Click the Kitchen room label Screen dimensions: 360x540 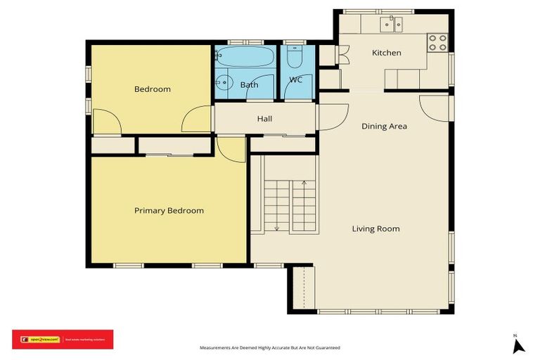[x=386, y=53]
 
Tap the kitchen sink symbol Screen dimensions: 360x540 [x=390, y=25]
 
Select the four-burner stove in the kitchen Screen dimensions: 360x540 [x=437, y=42]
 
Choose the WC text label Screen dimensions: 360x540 [x=296, y=79]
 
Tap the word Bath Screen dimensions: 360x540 [x=249, y=85]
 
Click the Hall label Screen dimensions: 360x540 [x=264, y=119]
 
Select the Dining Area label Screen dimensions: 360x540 [x=384, y=127]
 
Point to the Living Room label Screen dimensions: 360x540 [x=375, y=229]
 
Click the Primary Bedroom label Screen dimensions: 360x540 [x=169, y=210]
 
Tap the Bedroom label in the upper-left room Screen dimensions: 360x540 [x=153, y=89]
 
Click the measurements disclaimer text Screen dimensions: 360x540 [x=270, y=348]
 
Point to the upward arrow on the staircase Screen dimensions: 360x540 [x=304, y=184]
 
